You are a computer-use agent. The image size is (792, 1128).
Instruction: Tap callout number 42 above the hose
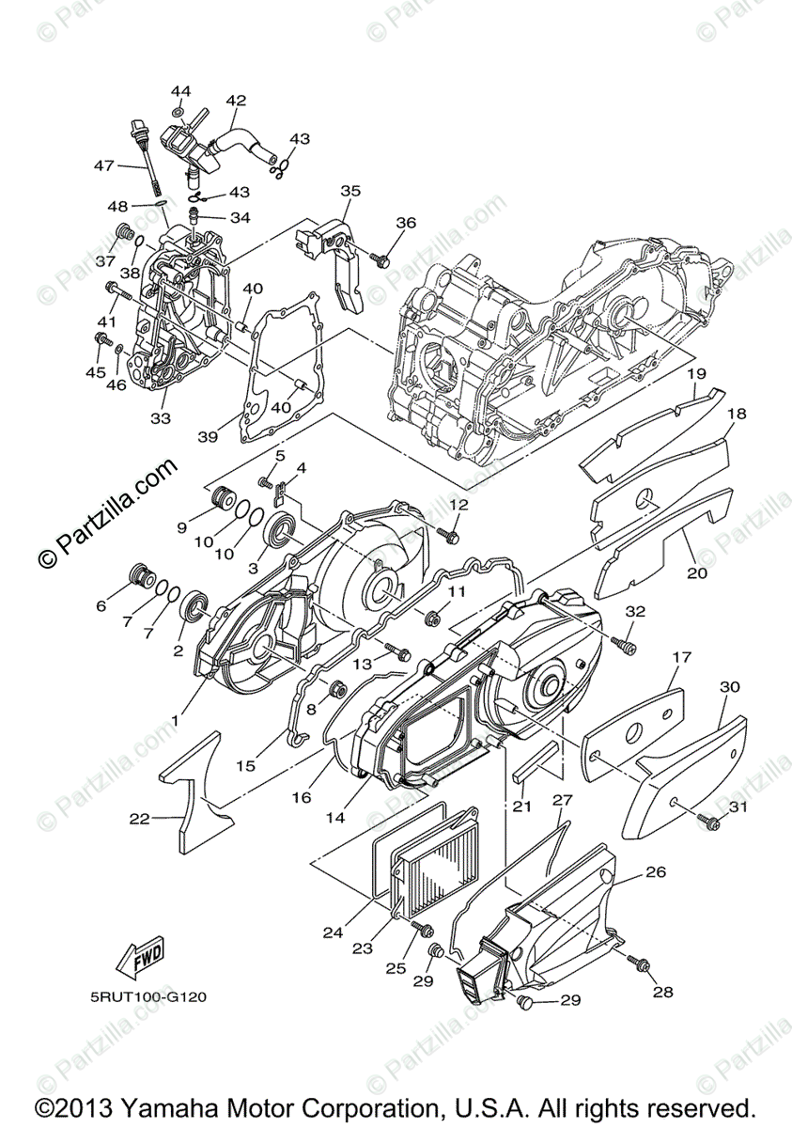point(236,101)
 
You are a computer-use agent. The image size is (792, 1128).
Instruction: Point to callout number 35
point(350,191)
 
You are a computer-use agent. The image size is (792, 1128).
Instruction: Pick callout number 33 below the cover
point(162,417)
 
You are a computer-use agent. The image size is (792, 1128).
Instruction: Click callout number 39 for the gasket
point(208,437)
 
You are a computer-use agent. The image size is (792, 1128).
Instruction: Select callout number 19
point(695,374)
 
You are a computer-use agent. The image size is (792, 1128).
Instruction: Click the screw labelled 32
point(624,644)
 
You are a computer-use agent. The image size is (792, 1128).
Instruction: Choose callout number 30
point(730,687)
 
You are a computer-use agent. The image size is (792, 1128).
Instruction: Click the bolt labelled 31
point(711,824)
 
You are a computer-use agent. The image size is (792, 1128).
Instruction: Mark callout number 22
point(139,819)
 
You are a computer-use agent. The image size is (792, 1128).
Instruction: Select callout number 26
point(655,872)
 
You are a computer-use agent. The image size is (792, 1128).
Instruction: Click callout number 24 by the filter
point(333,933)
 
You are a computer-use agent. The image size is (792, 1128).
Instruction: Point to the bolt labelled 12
point(448,536)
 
